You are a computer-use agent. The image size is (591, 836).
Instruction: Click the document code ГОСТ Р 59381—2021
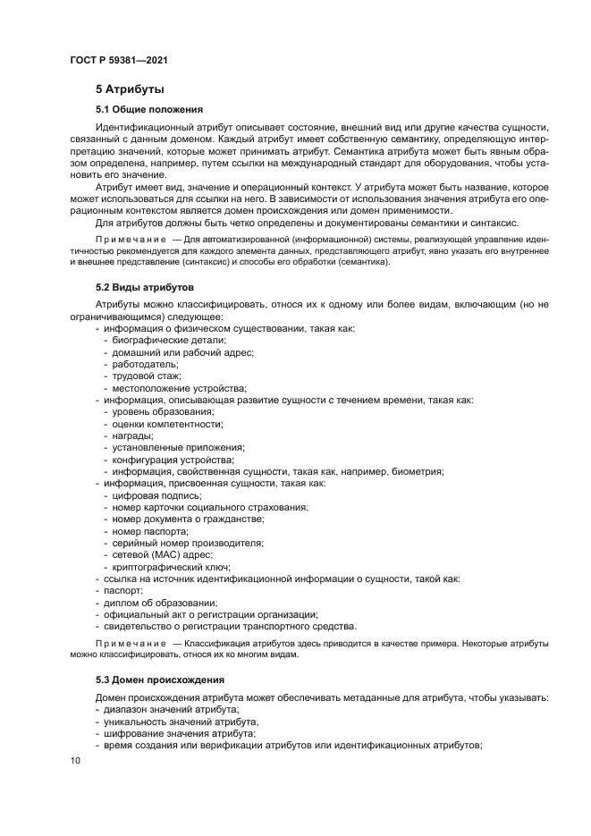point(119,60)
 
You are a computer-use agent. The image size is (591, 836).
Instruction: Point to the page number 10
point(75,760)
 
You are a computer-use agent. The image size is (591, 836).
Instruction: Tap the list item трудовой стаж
point(147,376)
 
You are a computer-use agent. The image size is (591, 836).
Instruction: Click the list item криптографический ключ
point(171,566)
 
